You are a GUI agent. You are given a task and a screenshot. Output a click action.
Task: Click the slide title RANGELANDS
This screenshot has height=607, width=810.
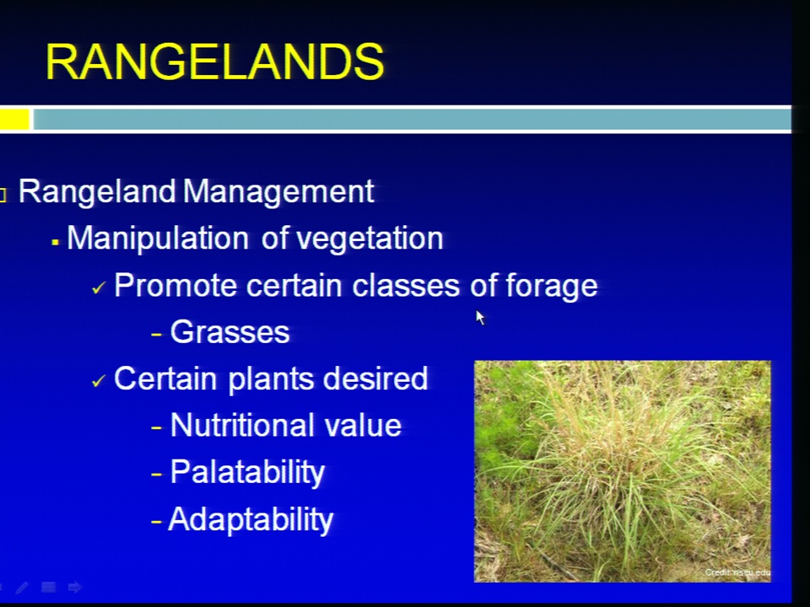coord(215,62)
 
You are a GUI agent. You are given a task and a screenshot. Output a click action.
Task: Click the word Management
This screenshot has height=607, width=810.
coord(278,192)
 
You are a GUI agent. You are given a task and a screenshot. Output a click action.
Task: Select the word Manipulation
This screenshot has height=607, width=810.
coord(158,239)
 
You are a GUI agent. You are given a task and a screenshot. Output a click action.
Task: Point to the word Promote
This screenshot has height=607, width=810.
coord(175,285)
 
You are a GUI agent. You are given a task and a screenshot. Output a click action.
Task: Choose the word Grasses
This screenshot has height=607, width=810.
coord(229,332)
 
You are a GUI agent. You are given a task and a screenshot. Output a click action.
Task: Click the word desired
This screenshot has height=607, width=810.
coord(375,379)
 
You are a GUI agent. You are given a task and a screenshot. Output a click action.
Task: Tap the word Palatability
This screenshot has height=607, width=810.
coord(247,473)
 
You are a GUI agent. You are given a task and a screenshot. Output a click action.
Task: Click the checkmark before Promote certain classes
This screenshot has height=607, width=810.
coord(99,287)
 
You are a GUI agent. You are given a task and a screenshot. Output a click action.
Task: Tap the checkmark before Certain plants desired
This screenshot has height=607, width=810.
coord(99,381)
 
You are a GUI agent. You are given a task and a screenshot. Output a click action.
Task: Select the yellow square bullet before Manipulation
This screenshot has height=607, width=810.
coord(56,242)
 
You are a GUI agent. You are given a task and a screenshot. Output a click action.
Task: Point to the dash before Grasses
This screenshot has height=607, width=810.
coord(157,335)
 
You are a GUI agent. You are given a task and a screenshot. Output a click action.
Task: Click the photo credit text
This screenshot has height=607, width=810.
coord(737,572)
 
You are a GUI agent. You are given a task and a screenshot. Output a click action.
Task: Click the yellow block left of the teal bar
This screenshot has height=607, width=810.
coord(14,119)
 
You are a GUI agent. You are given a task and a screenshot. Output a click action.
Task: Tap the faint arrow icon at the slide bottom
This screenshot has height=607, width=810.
coord(75,587)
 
